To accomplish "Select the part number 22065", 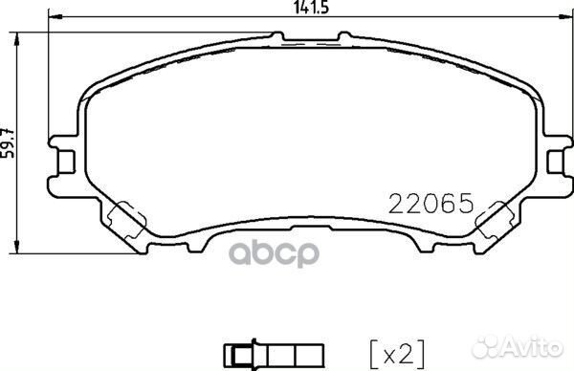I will [x=430, y=203].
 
